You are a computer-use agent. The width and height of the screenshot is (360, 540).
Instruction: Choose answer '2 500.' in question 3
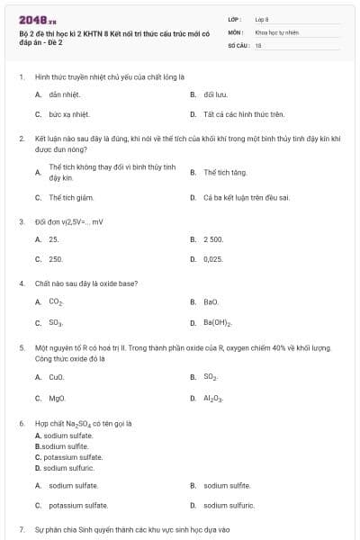point(213,239)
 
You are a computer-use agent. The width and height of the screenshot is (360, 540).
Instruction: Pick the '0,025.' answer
point(213,259)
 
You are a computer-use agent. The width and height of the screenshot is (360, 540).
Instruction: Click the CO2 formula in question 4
point(56,302)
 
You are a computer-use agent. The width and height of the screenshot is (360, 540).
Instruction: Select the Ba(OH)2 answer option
point(218,322)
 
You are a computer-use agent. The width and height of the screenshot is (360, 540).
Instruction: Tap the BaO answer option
point(211,302)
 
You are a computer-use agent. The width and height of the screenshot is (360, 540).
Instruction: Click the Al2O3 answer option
point(213,398)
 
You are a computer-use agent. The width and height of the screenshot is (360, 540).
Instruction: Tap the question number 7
point(21,528)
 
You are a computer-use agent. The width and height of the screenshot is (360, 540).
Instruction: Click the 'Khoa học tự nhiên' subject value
point(275,31)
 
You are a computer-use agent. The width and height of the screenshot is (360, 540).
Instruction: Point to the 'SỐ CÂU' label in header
point(238,43)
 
